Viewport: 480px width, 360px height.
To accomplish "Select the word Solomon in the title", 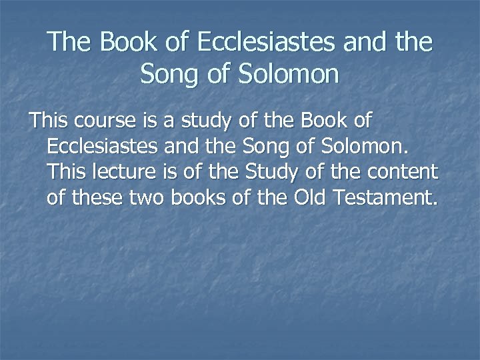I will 289,73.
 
